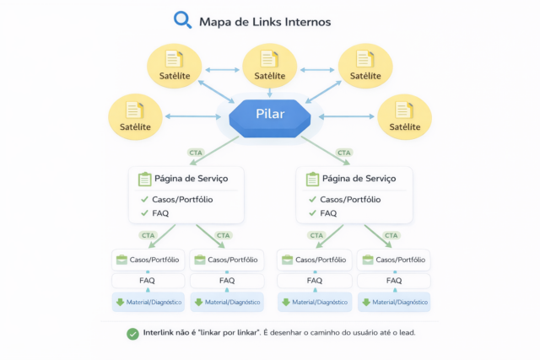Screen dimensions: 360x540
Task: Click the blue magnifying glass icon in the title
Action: (182, 19)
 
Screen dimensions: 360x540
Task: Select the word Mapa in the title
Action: (217, 21)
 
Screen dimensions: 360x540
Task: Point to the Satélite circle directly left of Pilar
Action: (136, 116)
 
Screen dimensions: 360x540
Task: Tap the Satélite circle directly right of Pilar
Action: (404, 116)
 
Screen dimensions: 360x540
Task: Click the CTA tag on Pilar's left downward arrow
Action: (195, 153)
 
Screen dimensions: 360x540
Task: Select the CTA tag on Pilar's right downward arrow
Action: (343, 153)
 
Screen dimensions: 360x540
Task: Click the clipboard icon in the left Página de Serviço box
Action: (144, 179)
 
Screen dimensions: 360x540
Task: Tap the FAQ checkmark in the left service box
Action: (144, 213)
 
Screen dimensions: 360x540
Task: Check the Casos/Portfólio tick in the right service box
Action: (312, 200)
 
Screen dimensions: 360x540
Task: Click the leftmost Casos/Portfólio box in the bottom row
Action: (147, 260)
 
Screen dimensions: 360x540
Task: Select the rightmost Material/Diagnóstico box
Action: (394, 302)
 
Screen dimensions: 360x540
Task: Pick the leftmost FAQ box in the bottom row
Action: (147, 281)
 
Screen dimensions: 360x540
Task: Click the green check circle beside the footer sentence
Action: (132, 333)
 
